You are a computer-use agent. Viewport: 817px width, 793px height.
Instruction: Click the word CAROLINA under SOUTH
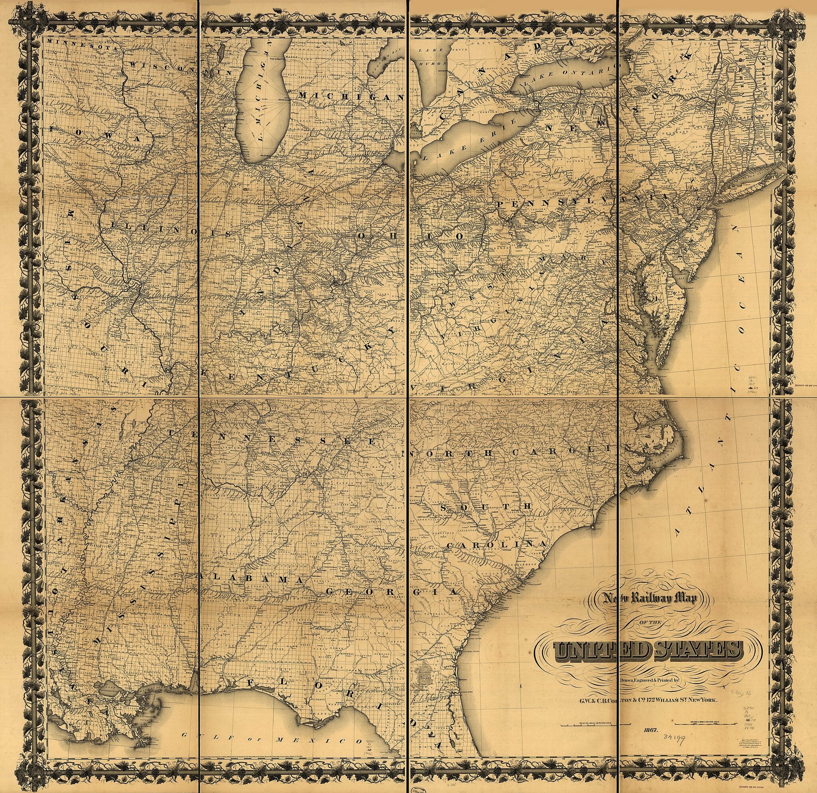(496, 545)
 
